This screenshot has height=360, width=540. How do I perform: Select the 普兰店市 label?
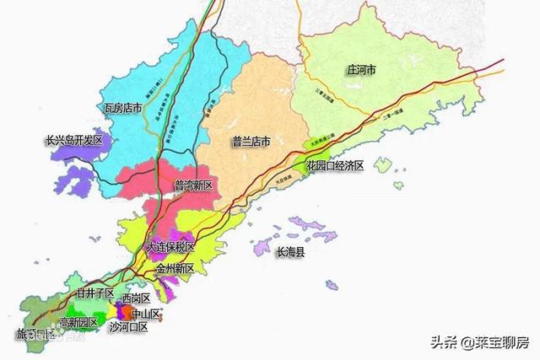point(250,142)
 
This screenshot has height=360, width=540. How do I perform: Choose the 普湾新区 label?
point(196,185)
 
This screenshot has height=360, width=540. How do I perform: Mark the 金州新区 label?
point(175,268)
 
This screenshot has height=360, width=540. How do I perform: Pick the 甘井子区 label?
point(94,293)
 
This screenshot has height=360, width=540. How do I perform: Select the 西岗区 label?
point(135,299)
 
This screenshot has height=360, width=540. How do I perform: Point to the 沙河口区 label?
point(128,325)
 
